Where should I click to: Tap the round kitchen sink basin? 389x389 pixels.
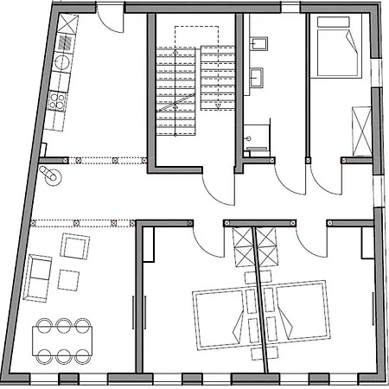pyautogui.click(x=62, y=61)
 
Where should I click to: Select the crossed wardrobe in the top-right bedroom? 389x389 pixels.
pyautogui.click(x=360, y=127)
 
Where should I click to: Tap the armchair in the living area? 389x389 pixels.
pyautogui.click(x=74, y=248)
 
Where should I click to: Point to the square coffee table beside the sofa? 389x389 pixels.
pyautogui.click(x=69, y=280)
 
